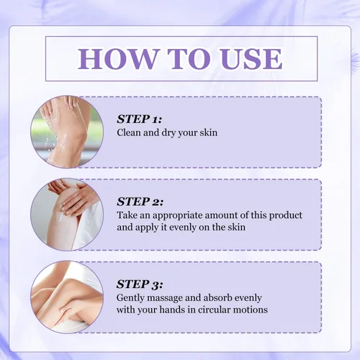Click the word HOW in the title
click(x=117, y=59)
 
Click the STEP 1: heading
click(x=139, y=120)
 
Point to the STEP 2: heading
click(x=140, y=202)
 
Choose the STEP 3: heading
click(x=140, y=284)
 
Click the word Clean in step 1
click(x=129, y=132)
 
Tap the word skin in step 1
click(x=209, y=132)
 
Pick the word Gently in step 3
click(x=130, y=298)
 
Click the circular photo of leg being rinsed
click(x=67, y=132)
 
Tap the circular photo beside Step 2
click(x=67, y=215)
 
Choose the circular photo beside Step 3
click(x=67, y=297)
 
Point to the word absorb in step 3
click(x=217, y=298)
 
